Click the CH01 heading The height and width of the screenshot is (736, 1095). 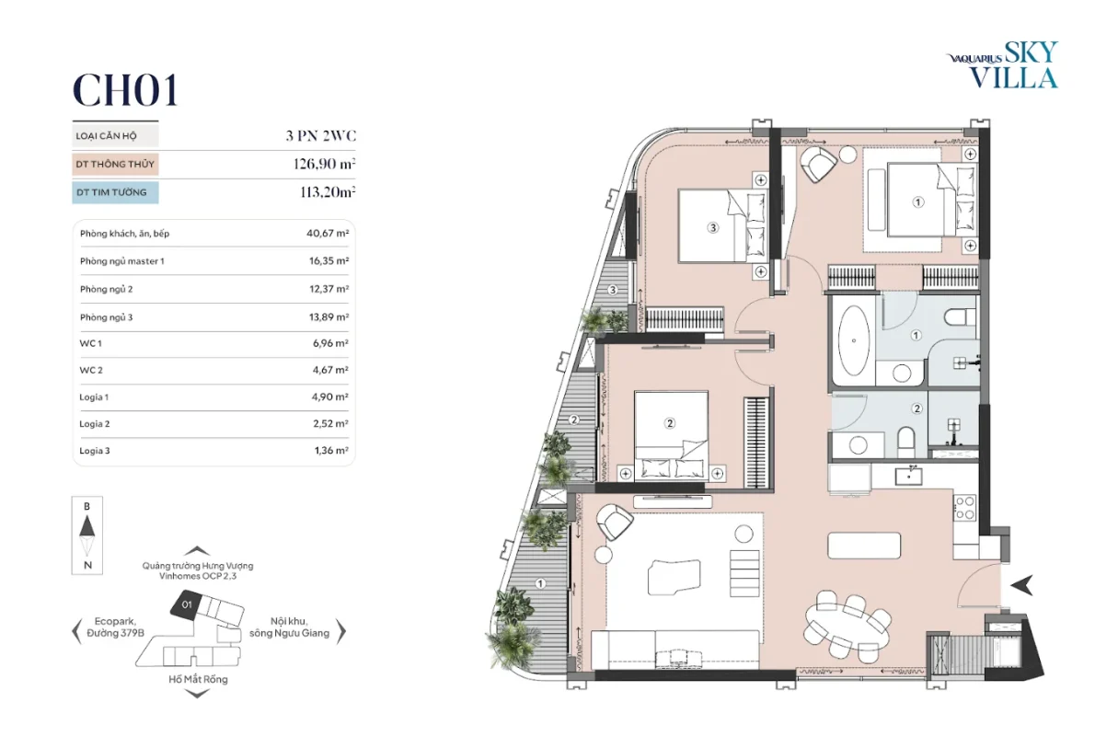click(x=126, y=91)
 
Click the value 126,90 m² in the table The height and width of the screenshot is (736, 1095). click(x=324, y=164)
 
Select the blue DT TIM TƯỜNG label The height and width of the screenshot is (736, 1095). click(x=115, y=192)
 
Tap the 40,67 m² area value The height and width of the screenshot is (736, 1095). click(x=328, y=234)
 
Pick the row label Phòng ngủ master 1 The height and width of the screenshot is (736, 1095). click(x=122, y=261)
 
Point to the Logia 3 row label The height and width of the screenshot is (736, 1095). click(x=94, y=451)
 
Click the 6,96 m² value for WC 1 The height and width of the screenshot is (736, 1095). click(x=330, y=343)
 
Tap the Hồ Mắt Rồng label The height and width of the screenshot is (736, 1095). click(x=199, y=679)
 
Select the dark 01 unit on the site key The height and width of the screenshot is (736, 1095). click(x=187, y=604)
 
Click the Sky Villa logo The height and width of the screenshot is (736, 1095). click(x=1003, y=65)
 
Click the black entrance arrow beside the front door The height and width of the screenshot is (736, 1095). click(x=1024, y=585)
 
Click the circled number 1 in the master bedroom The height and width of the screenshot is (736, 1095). click(x=918, y=201)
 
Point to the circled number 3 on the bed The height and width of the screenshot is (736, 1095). click(x=713, y=227)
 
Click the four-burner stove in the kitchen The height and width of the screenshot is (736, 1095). click(x=964, y=508)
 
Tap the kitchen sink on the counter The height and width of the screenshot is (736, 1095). click(x=909, y=476)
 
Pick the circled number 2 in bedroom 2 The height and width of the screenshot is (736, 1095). click(x=670, y=423)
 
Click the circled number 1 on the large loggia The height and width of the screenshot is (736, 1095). click(x=540, y=583)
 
